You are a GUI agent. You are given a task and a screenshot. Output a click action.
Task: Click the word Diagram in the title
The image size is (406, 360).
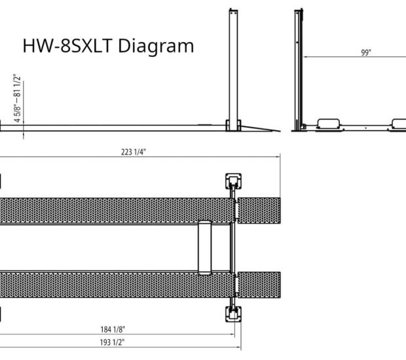(156, 46)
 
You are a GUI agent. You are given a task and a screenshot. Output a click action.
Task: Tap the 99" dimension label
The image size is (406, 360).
(366, 52)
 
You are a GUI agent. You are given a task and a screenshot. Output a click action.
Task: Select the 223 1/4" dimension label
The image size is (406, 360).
(134, 152)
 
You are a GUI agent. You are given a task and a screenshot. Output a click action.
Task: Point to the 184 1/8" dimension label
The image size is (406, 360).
(113, 329)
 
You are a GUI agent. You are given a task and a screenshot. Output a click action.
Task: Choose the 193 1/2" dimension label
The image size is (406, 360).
(113, 342)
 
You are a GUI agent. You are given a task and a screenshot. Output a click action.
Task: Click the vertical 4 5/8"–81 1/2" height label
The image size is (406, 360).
(17, 98)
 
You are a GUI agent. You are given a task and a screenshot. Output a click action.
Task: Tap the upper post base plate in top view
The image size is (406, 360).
(234, 181)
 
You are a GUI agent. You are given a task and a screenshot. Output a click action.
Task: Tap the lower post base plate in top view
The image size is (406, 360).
(234, 314)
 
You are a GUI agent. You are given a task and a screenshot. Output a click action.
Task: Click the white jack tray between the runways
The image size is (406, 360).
(204, 247)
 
